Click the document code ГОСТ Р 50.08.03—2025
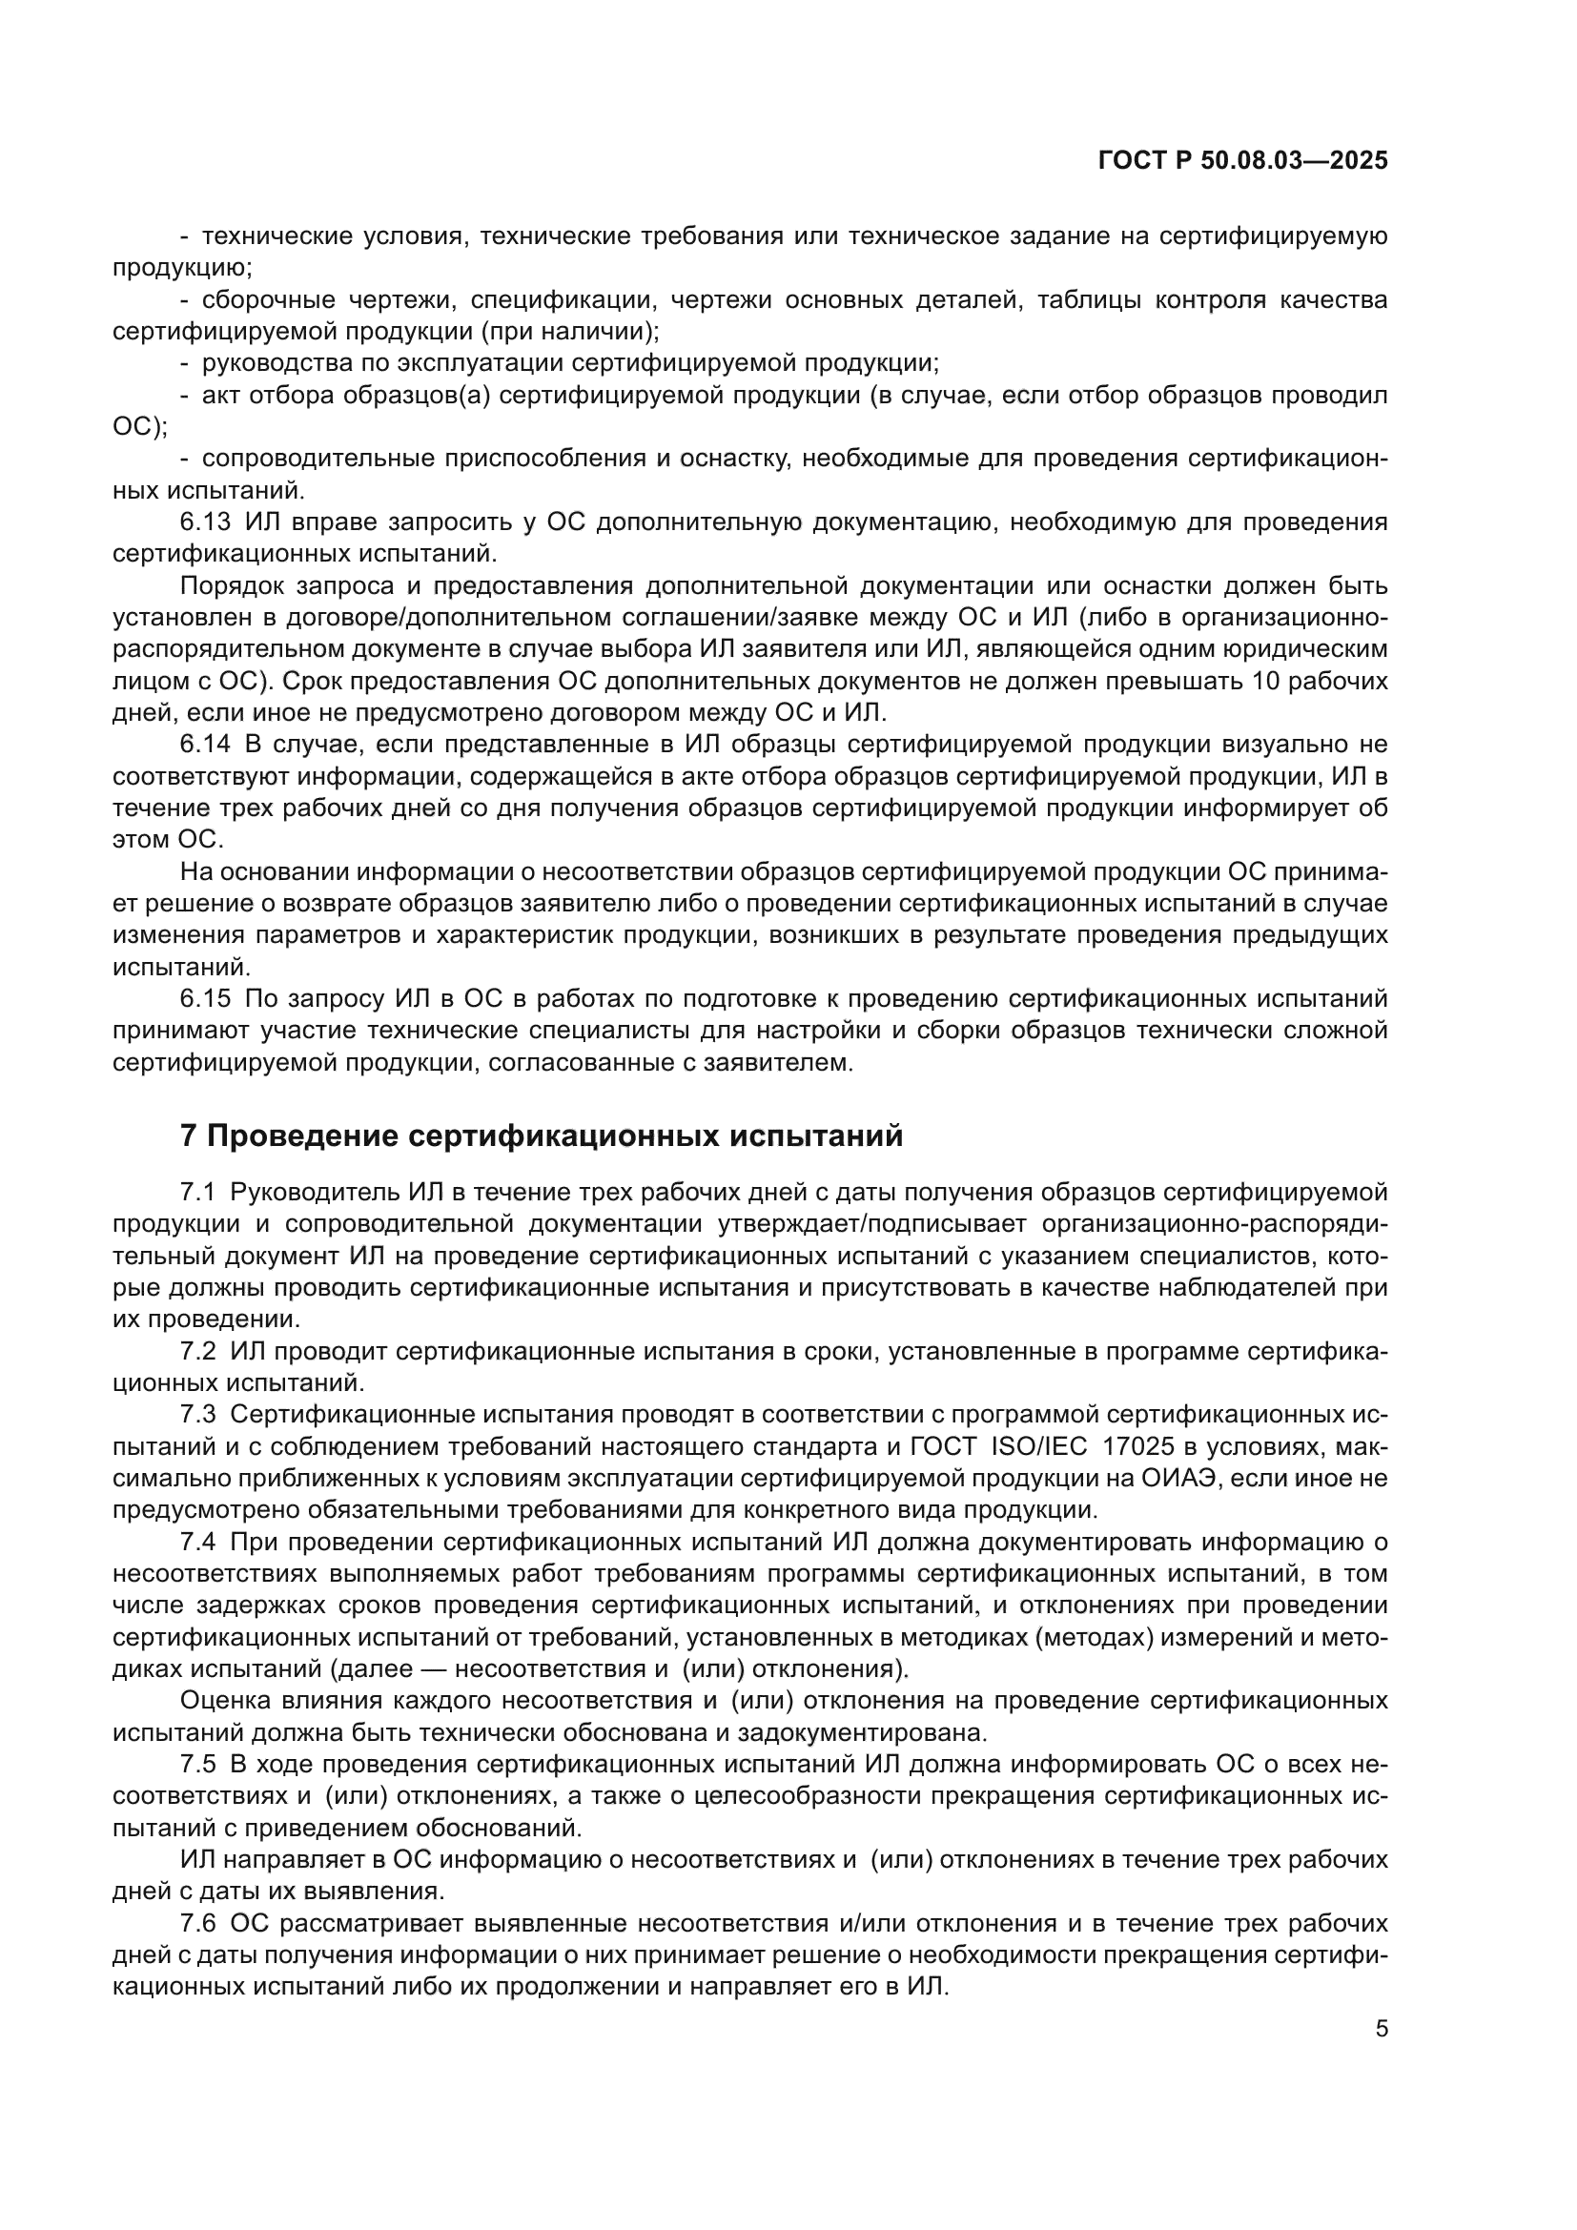coord(1242,161)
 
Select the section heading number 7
coord(189,1135)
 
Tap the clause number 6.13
coord(206,522)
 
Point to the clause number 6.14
coord(206,745)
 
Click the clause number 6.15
coord(206,999)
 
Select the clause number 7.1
coord(198,1192)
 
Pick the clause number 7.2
coord(198,1351)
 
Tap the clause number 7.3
coord(198,1415)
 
